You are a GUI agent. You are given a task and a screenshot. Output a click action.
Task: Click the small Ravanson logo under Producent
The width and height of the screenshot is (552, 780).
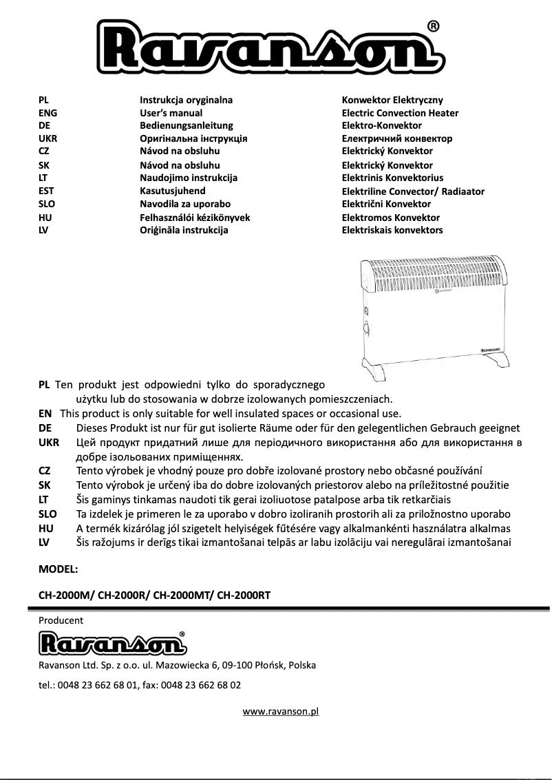point(112,644)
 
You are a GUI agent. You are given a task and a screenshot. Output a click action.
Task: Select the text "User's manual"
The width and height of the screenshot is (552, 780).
point(171,113)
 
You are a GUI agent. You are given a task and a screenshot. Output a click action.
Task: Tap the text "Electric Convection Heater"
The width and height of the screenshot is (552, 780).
point(400,113)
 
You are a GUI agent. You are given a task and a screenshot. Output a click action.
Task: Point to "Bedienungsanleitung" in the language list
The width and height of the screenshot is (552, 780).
point(186,125)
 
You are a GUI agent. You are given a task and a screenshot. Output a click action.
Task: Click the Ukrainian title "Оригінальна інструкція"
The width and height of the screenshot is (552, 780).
point(193,138)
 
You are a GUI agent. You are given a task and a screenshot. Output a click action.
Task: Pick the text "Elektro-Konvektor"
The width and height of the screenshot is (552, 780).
point(381,125)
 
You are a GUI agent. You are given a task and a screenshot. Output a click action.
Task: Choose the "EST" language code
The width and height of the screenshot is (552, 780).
point(46,191)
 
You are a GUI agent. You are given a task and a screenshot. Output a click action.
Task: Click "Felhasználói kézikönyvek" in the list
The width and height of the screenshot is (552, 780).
point(194,218)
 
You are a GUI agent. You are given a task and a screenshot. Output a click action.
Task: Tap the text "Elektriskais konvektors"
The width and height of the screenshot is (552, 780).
point(392,230)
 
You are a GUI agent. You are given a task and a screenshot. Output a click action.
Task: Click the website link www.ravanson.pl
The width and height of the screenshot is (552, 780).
point(280,711)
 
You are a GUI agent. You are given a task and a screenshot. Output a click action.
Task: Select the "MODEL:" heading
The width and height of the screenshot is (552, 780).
point(59,569)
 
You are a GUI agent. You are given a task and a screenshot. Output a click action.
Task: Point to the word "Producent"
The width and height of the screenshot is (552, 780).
point(61,620)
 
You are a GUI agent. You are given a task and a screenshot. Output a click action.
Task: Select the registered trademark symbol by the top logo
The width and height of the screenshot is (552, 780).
point(434,27)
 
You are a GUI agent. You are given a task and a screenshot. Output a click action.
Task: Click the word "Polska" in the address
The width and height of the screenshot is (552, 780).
point(302,666)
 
